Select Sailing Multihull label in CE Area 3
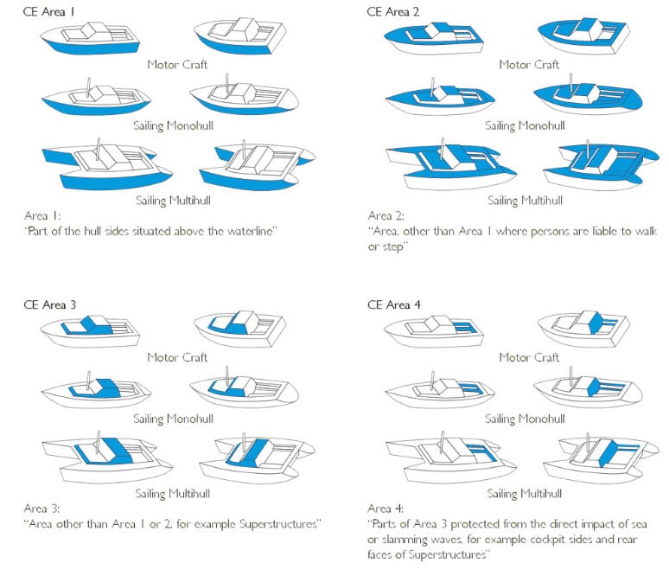tap(176, 494)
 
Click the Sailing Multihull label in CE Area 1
tap(176, 202)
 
